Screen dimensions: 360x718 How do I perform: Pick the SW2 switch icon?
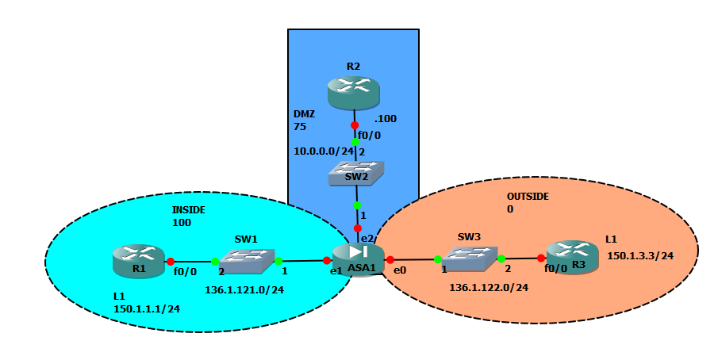tap(356, 173)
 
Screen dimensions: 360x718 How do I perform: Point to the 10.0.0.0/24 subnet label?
tap(323, 151)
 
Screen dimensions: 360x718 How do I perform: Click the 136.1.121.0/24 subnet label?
tap(244, 290)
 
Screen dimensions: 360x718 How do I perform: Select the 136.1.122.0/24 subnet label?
tap(489, 288)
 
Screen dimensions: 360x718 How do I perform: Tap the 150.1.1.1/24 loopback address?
tap(147, 308)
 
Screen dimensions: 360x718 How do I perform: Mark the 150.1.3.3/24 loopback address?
tap(640, 255)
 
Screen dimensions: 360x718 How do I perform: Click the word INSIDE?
tap(189, 209)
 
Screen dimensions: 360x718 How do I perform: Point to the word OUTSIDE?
tap(528, 196)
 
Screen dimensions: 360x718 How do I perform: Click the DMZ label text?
tap(304, 114)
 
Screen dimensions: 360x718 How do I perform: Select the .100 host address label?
tap(386, 119)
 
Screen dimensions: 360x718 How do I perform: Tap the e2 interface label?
tap(367, 238)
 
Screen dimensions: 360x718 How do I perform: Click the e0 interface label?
tap(401, 270)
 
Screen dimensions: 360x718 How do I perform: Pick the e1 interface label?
tap(336, 270)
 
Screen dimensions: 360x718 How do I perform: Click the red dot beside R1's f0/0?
tap(170, 260)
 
